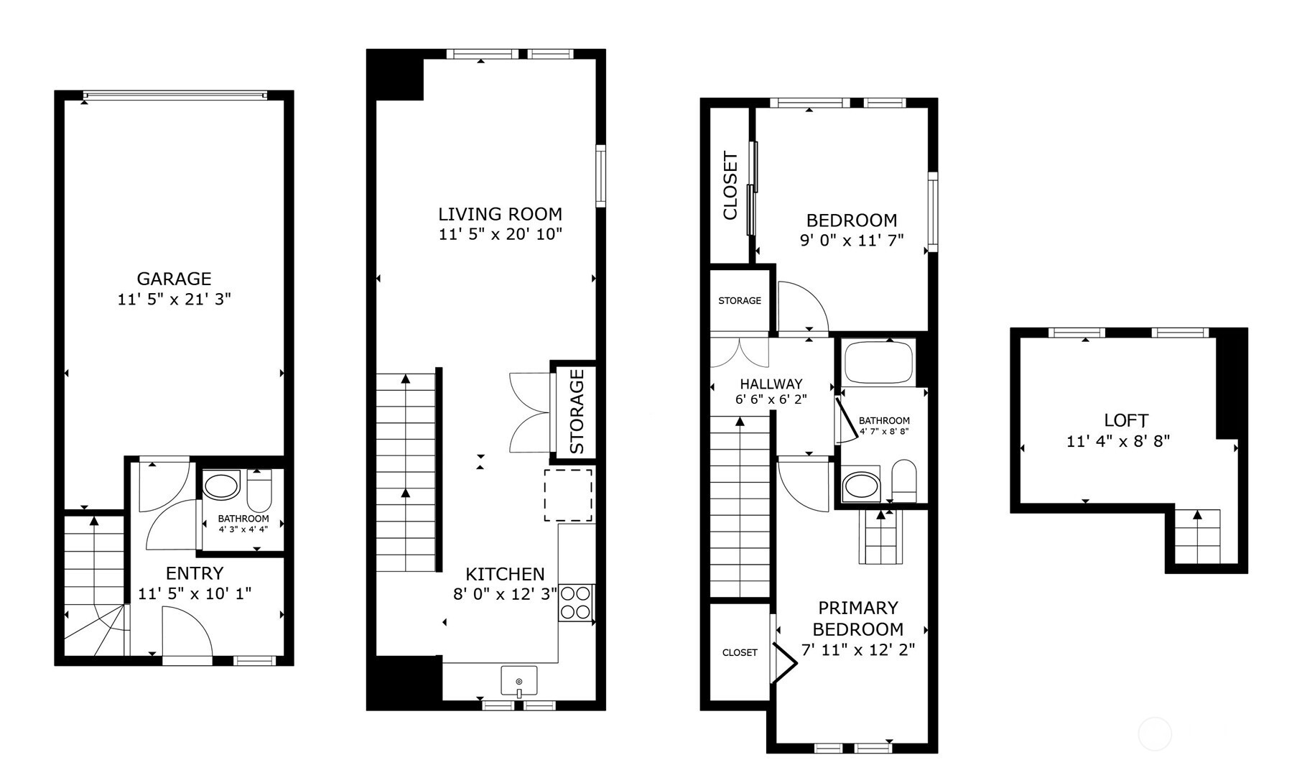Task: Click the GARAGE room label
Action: point(174,279)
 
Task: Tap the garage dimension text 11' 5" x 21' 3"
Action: point(174,299)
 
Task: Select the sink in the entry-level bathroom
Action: point(221,486)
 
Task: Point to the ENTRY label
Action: point(195,573)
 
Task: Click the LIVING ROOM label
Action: point(500,214)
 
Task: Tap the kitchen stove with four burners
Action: point(576,602)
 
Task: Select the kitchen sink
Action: point(519,680)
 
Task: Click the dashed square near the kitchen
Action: point(567,495)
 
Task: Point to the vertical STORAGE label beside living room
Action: point(577,412)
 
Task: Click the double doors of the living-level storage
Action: point(529,412)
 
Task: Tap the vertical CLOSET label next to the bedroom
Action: point(730,185)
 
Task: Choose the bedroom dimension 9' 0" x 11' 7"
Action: point(852,241)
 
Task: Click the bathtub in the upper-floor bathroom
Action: point(878,363)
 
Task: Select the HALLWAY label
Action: point(771,384)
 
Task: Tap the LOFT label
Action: point(1126,420)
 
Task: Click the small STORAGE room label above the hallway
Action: point(740,300)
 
